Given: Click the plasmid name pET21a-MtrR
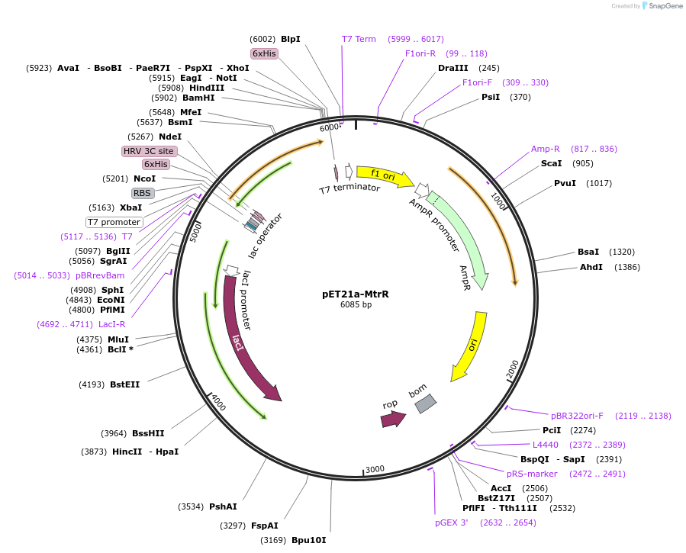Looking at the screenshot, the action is pyautogui.click(x=356, y=294).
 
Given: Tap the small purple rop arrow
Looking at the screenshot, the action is pyautogui.click(x=393, y=418).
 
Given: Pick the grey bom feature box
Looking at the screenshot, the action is pyautogui.click(x=425, y=403).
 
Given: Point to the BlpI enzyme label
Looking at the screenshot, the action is pyautogui.click(x=291, y=39).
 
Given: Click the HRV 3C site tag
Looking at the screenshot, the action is pyautogui.click(x=149, y=151).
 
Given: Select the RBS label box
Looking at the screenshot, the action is pyautogui.click(x=143, y=193).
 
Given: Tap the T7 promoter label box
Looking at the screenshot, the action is pyautogui.click(x=114, y=222).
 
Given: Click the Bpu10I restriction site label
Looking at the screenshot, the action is pyautogui.click(x=308, y=540).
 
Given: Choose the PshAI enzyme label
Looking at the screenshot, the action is pyautogui.click(x=223, y=506).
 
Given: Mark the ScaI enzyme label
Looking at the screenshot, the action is pyautogui.click(x=551, y=163).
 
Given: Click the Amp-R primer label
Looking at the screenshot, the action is pyautogui.click(x=546, y=149).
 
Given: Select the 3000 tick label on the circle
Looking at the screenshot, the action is pyautogui.click(x=375, y=469).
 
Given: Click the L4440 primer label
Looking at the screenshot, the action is pyautogui.click(x=546, y=445).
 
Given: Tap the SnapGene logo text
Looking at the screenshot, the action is pyautogui.click(x=665, y=6).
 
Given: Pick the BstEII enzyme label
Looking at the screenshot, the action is pyautogui.click(x=124, y=384).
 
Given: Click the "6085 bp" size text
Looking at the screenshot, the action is pyautogui.click(x=356, y=305).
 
